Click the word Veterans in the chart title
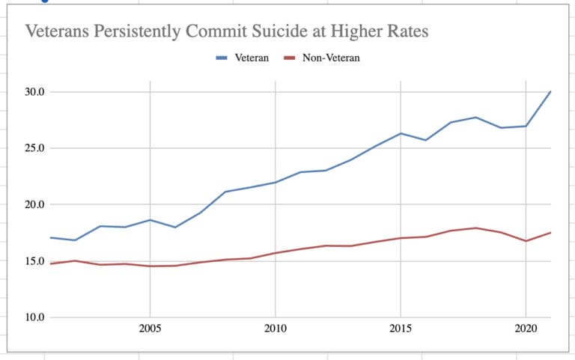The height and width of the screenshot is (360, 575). tap(59, 31)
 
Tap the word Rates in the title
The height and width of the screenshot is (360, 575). tap(406, 31)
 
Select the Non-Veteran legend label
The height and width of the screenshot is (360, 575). tap(331, 58)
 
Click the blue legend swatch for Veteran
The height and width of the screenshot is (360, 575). tap(222, 58)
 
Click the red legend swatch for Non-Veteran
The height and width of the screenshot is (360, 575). tap(290, 58)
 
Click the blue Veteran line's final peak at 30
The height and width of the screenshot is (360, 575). tap(550, 92)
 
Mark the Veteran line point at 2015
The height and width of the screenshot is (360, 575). tap(401, 133)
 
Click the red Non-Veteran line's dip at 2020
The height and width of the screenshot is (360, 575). tap(526, 241)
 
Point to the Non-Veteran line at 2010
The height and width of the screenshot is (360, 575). tap(276, 253)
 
